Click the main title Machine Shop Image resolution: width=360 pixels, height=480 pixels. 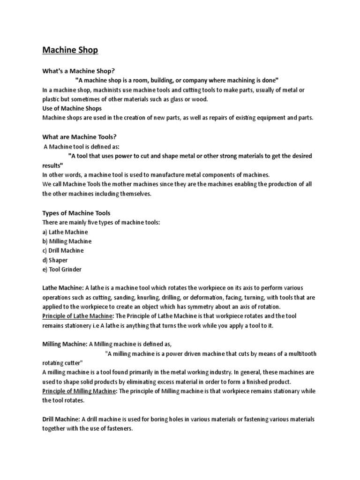click(x=70, y=50)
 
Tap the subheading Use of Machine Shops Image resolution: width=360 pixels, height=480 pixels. click(x=72, y=108)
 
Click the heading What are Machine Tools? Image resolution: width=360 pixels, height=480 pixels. click(x=79, y=137)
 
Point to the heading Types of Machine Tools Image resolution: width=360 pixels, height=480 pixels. click(x=76, y=213)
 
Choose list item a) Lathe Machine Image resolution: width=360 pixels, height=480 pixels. click(x=65, y=232)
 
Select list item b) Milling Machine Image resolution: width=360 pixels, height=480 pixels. click(x=67, y=241)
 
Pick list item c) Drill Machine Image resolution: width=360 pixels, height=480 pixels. click(x=63, y=250)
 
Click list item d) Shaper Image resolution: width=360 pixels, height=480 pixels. click(x=55, y=260)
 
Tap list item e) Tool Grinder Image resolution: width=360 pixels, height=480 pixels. click(x=62, y=269)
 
